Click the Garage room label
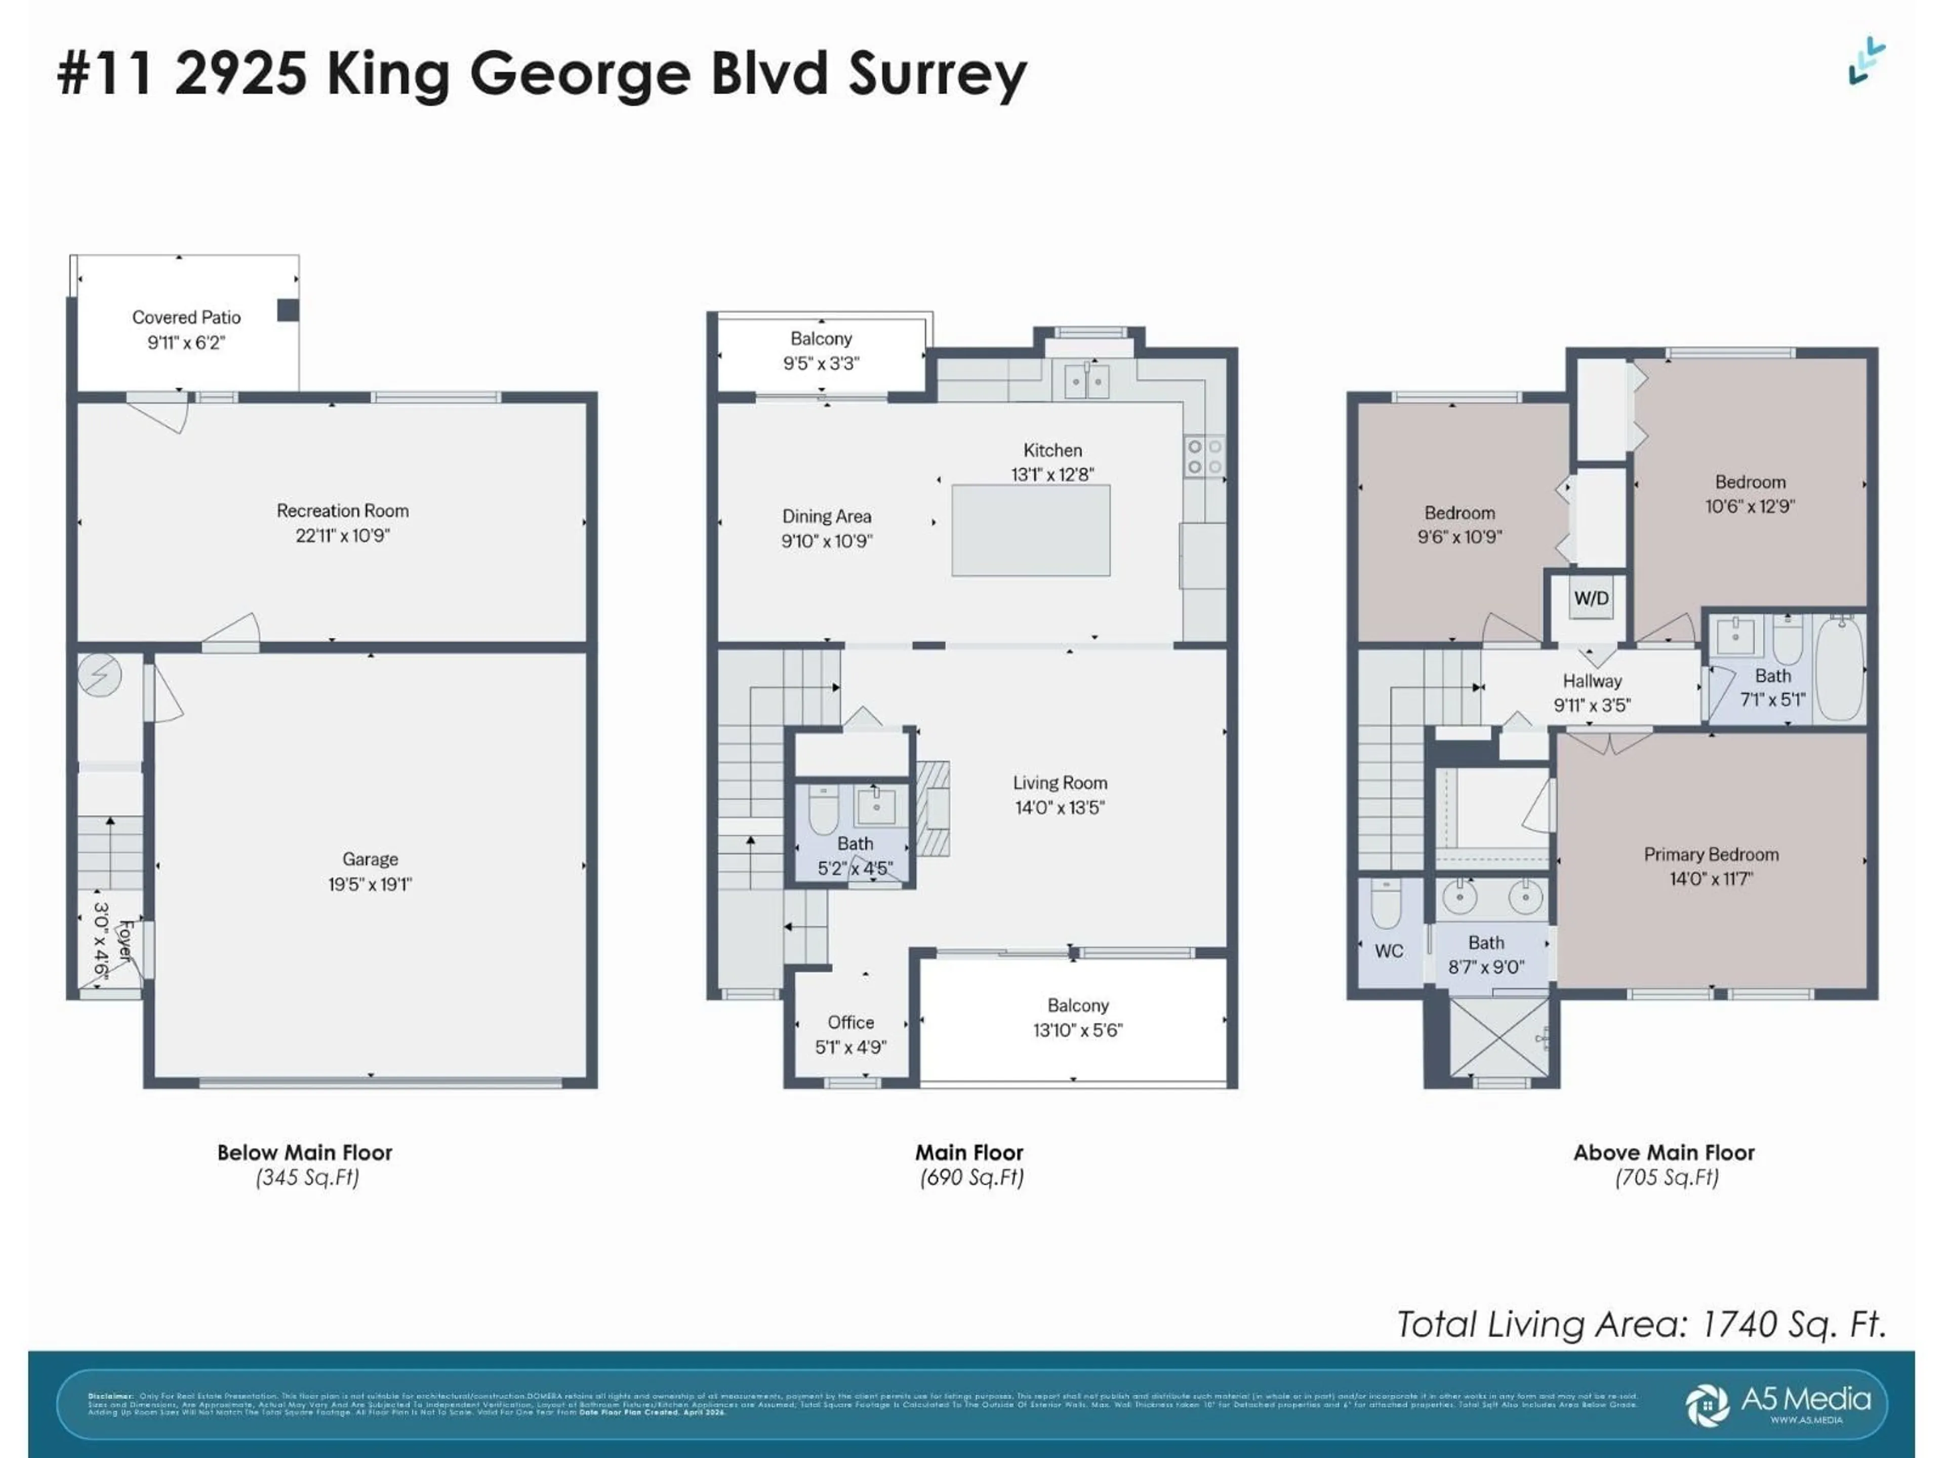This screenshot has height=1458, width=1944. click(x=370, y=859)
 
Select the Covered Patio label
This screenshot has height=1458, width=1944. click(x=186, y=317)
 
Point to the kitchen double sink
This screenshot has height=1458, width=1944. click(x=1086, y=381)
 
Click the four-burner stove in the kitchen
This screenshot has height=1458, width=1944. click(x=1204, y=457)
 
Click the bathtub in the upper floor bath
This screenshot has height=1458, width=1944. click(x=1839, y=668)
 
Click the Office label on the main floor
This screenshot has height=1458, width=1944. click(x=850, y=1022)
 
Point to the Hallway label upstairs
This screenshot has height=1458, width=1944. click(x=1592, y=680)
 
